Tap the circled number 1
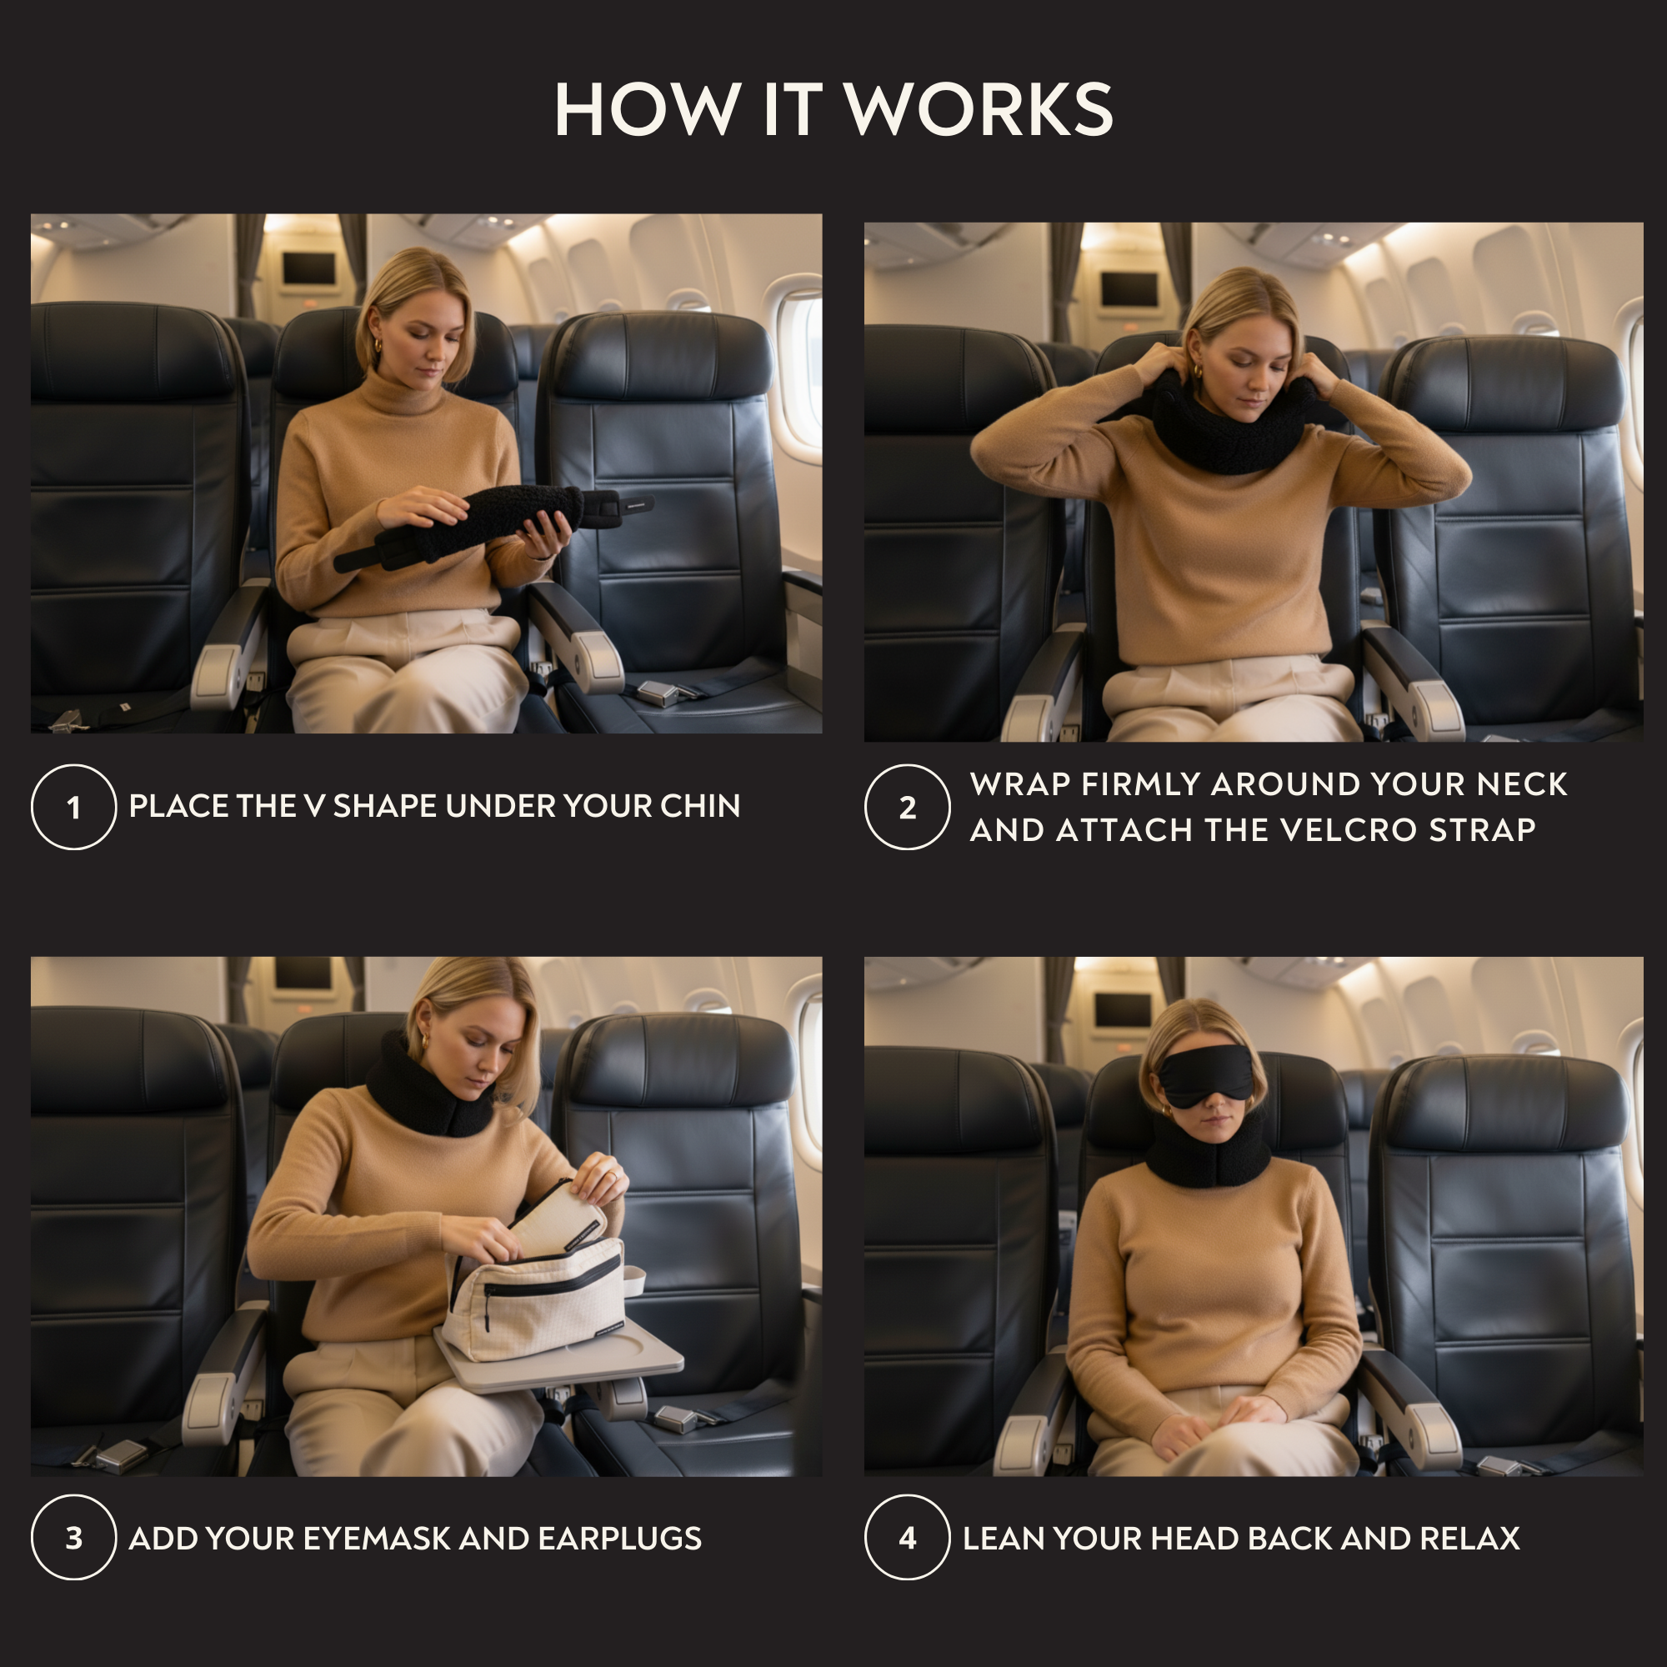point(73,807)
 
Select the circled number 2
point(907,807)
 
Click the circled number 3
point(73,1538)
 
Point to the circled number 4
point(907,1538)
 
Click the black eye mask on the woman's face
point(1205,1075)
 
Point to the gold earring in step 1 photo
point(377,347)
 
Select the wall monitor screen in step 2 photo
point(1129,289)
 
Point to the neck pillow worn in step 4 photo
point(1208,1152)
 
